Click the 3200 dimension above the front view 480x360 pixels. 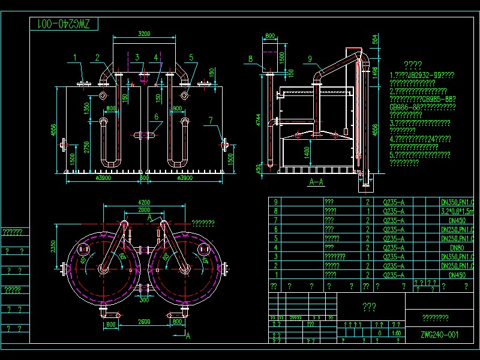click(144, 34)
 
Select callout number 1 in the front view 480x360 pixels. click(76, 57)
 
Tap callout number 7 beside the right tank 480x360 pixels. click(211, 120)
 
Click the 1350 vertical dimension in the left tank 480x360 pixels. click(86, 108)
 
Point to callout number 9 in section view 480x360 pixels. click(310, 58)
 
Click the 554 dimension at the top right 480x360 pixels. click(376, 40)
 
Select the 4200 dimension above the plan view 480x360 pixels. click(144, 202)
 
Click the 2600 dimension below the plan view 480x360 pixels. click(144, 323)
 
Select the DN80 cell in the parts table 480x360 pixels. click(457, 247)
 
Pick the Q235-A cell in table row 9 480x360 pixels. click(393, 202)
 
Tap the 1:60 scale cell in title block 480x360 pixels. click(395, 332)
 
